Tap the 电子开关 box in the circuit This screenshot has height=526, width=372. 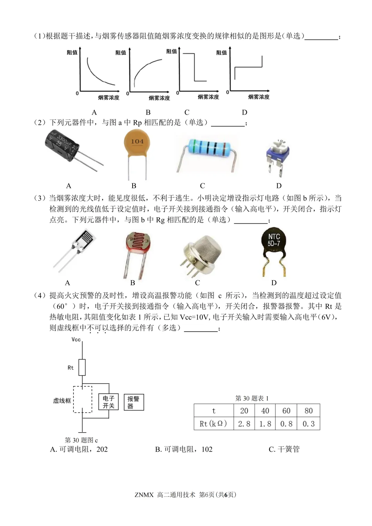108,402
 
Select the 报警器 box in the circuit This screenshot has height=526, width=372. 133,402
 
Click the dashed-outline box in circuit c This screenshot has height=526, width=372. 82,399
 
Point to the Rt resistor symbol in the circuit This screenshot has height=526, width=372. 82,367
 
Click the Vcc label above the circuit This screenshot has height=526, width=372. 76,340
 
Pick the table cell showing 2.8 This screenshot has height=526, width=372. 244,424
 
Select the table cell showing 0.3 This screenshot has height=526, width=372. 308,424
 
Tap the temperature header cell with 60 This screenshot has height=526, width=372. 286,411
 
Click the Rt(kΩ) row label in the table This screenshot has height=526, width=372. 213,424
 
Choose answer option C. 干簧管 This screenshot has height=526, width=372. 284,449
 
